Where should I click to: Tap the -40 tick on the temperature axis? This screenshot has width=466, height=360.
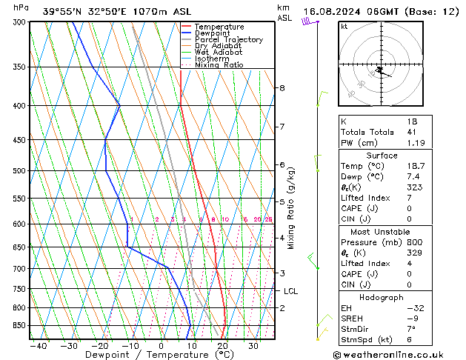click(39, 345)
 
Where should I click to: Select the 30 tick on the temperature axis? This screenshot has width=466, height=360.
click(253, 345)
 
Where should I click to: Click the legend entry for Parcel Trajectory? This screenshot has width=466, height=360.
click(228, 39)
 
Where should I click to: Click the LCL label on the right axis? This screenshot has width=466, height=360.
click(291, 292)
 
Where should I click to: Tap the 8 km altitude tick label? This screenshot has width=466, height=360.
click(282, 88)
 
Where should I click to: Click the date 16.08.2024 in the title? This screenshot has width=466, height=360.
click(334, 11)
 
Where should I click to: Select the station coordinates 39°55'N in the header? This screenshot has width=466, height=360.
click(61, 11)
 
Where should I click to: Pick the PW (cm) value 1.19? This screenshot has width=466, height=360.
click(413, 143)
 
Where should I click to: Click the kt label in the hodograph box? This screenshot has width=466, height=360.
click(344, 26)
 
